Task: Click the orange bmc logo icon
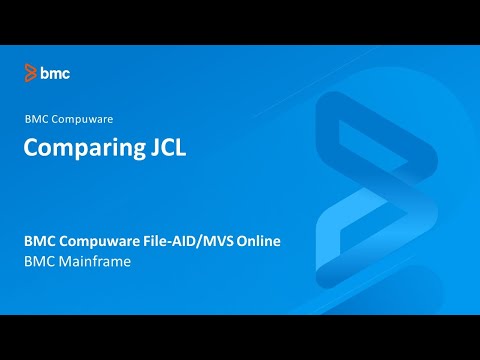point(31,73)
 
